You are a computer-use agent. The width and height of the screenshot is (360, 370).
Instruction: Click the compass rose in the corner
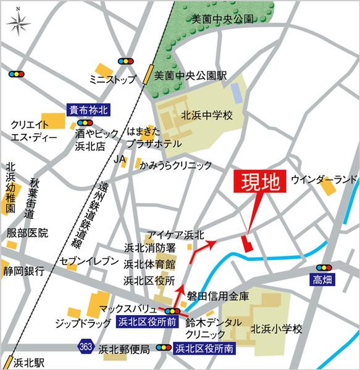pyautogui.click(x=19, y=25)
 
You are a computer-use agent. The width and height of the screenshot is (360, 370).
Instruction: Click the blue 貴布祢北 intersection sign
pyautogui.click(x=88, y=110)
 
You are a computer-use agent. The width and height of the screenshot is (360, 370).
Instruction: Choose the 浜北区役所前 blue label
pyautogui.click(x=147, y=321)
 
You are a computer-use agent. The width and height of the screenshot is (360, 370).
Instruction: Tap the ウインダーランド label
pyautogui.click(x=324, y=179)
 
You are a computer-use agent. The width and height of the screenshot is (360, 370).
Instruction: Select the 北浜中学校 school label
pyautogui.click(x=206, y=115)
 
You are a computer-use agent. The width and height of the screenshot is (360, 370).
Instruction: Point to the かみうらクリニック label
pyautogui.click(x=175, y=165)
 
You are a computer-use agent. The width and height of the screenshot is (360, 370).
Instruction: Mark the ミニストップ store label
pyautogui.click(x=111, y=79)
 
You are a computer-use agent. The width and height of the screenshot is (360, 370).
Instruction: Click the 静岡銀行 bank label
pyautogui.click(x=23, y=271)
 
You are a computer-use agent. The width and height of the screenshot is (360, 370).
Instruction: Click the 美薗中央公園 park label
pyautogui.click(x=223, y=19)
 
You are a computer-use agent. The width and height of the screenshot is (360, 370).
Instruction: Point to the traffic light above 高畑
pyautogui.click(x=323, y=268)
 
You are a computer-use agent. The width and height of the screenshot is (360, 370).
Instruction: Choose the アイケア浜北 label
pyautogui.click(x=175, y=234)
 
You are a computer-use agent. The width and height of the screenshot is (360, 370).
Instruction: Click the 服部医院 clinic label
pyautogui.click(x=27, y=233)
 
